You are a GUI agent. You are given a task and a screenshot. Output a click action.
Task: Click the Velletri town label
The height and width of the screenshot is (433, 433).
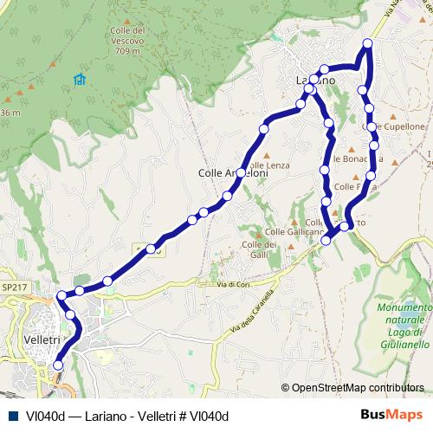(42, 339)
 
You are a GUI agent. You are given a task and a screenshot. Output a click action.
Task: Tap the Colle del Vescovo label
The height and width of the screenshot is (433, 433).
(126, 36)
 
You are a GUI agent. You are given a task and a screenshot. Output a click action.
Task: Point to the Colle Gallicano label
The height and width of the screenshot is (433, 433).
(294, 232)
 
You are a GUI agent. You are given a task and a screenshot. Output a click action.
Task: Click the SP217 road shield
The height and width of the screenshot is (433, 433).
(14, 286)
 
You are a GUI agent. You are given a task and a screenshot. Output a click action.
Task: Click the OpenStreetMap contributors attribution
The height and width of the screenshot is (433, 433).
(358, 388)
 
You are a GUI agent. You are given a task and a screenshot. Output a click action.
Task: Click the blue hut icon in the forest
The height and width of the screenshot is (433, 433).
(80, 81)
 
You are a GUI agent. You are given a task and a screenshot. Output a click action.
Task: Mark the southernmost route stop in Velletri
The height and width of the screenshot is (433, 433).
(58, 365)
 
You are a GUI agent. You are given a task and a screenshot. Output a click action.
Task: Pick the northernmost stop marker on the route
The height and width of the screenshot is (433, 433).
(367, 43)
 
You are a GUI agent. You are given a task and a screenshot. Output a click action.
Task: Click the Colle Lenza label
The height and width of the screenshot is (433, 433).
(268, 165)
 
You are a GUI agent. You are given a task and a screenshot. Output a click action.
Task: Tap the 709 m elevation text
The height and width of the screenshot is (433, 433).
(126, 52)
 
